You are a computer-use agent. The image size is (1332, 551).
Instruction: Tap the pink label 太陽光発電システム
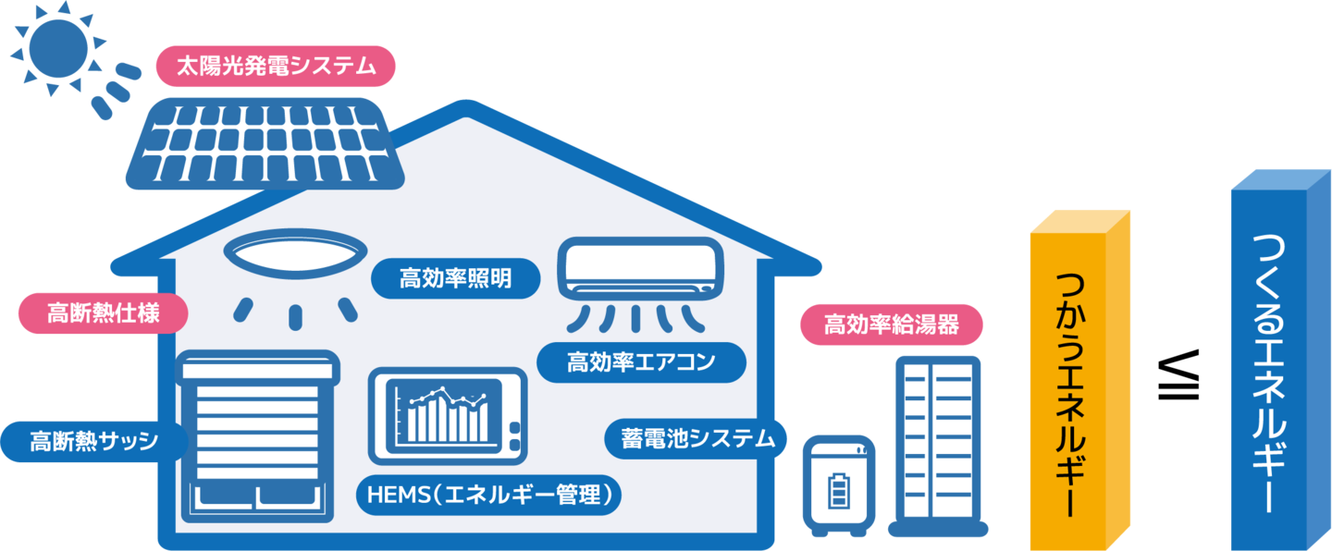pos(274,67)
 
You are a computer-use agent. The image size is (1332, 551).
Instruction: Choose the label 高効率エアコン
pos(641,362)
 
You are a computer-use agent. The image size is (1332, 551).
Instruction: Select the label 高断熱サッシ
pos(93,440)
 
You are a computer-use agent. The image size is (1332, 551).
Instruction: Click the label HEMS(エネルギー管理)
pos(488,496)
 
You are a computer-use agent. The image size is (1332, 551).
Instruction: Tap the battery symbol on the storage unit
pos(838,489)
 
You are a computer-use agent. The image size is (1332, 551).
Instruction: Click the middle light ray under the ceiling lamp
pos(296,315)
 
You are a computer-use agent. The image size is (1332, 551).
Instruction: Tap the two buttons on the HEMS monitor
pos(514,436)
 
